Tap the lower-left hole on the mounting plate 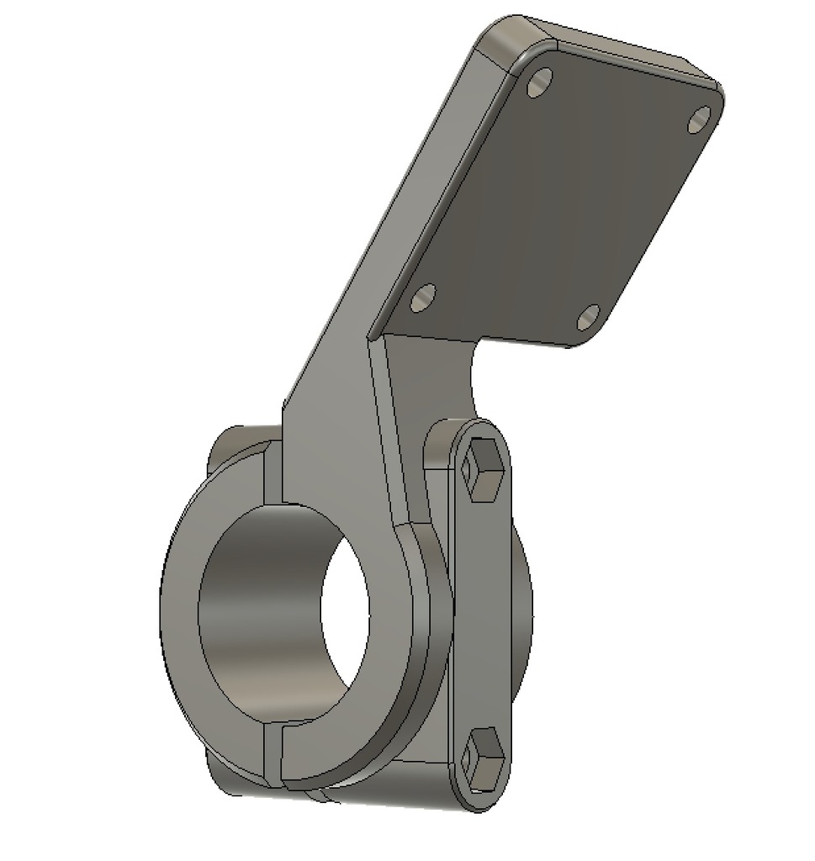423,297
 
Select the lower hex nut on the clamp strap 484,758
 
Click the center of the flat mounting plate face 555,202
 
